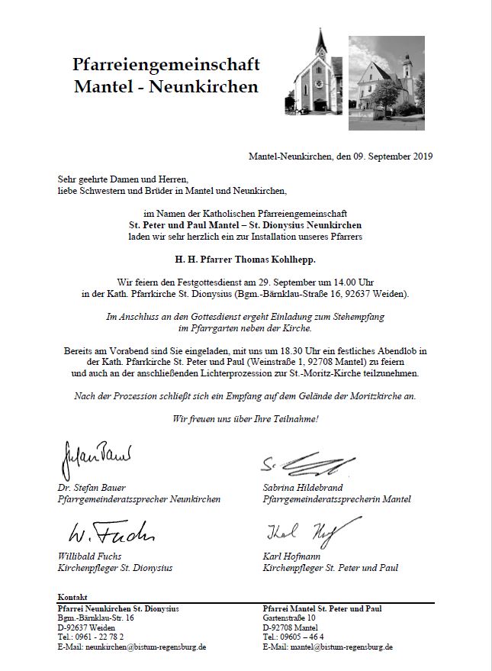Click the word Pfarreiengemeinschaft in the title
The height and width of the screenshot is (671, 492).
(x=166, y=63)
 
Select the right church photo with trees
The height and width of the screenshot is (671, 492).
(x=387, y=76)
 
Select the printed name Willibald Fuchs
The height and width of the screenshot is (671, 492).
(x=89, y=556)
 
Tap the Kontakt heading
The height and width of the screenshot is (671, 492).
(x=72, y=596)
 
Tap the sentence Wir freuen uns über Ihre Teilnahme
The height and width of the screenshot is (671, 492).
(x=245, y=418)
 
